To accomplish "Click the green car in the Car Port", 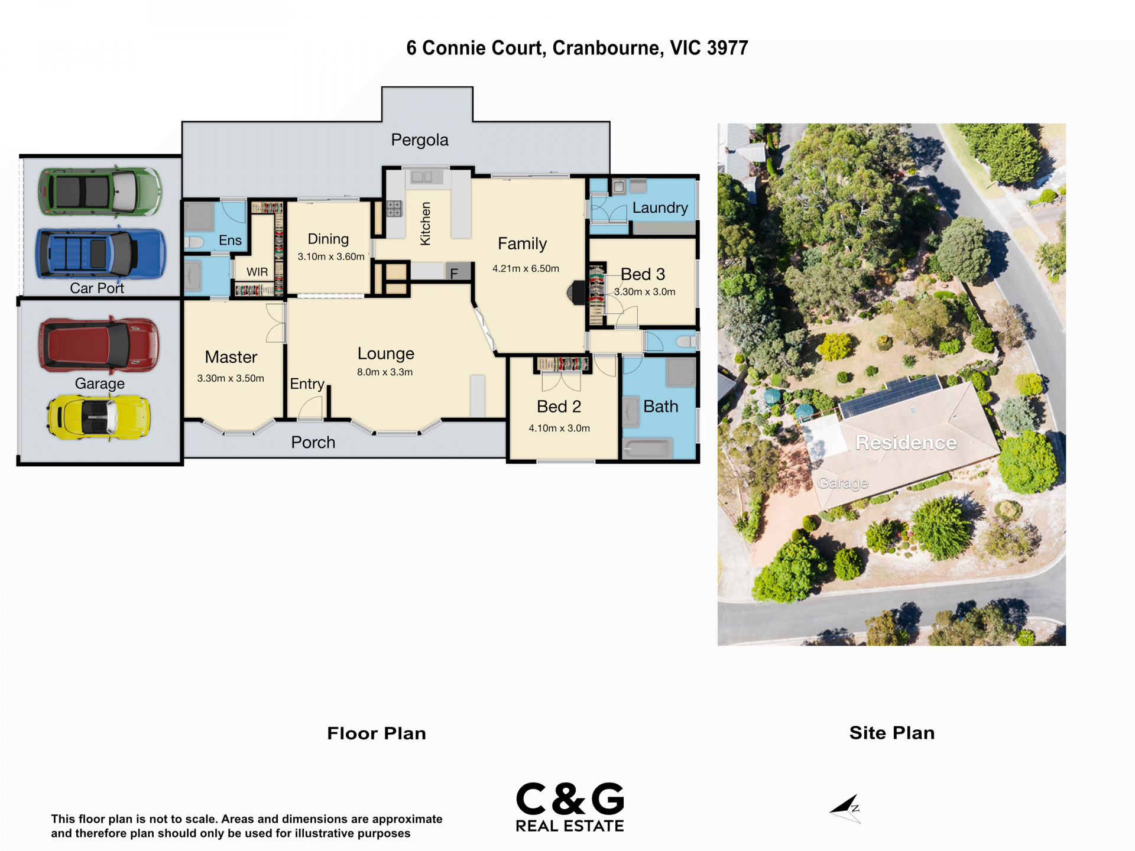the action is [100, 191].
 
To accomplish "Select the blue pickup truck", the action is [100, 254].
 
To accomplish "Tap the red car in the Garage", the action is [99, 345].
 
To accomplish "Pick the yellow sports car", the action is [99, 417].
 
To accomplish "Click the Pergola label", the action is [420, 140].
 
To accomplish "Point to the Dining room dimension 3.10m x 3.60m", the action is [331, 256].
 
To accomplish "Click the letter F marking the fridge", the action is [454, 274].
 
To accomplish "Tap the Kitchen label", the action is [425, 223].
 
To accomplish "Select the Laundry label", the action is [660, 207].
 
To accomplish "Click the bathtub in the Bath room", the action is [647, 448].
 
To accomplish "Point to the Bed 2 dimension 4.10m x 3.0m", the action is [559, 428].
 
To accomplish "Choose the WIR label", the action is [257, 272].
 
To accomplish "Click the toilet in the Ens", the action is [193, 242].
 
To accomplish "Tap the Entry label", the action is [307, 384].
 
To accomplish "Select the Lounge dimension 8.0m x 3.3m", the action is [385, 372].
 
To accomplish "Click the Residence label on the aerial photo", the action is [906, 443].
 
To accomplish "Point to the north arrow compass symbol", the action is [845, 809].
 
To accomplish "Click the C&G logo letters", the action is [570, 798].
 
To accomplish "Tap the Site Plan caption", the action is [892, 733].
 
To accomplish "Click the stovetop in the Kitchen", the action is [394, 209].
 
